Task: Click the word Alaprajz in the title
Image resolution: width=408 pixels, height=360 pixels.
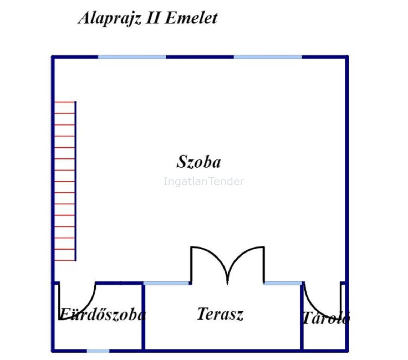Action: [x=110, y=18]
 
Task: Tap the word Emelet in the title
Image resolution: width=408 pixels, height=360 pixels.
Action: [x=191, y=18]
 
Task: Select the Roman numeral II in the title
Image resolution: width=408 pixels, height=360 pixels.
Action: [x=153, y=18]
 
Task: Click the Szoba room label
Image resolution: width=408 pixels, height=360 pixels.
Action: [x=199, y=162]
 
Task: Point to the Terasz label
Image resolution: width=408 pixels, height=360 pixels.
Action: [x=220, y=314]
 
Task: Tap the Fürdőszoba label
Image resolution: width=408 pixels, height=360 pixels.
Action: [x=103, y=314]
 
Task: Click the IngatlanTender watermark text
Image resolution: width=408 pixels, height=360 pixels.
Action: [x=204, y=181]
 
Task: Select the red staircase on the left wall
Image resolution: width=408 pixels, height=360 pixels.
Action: [x=65, y=181]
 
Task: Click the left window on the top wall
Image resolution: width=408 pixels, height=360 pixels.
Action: [x=132, y=57]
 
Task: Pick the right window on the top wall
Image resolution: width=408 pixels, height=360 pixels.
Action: [x=268, y=57]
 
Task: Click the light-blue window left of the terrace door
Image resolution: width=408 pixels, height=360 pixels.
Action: [x=167, y=283]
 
